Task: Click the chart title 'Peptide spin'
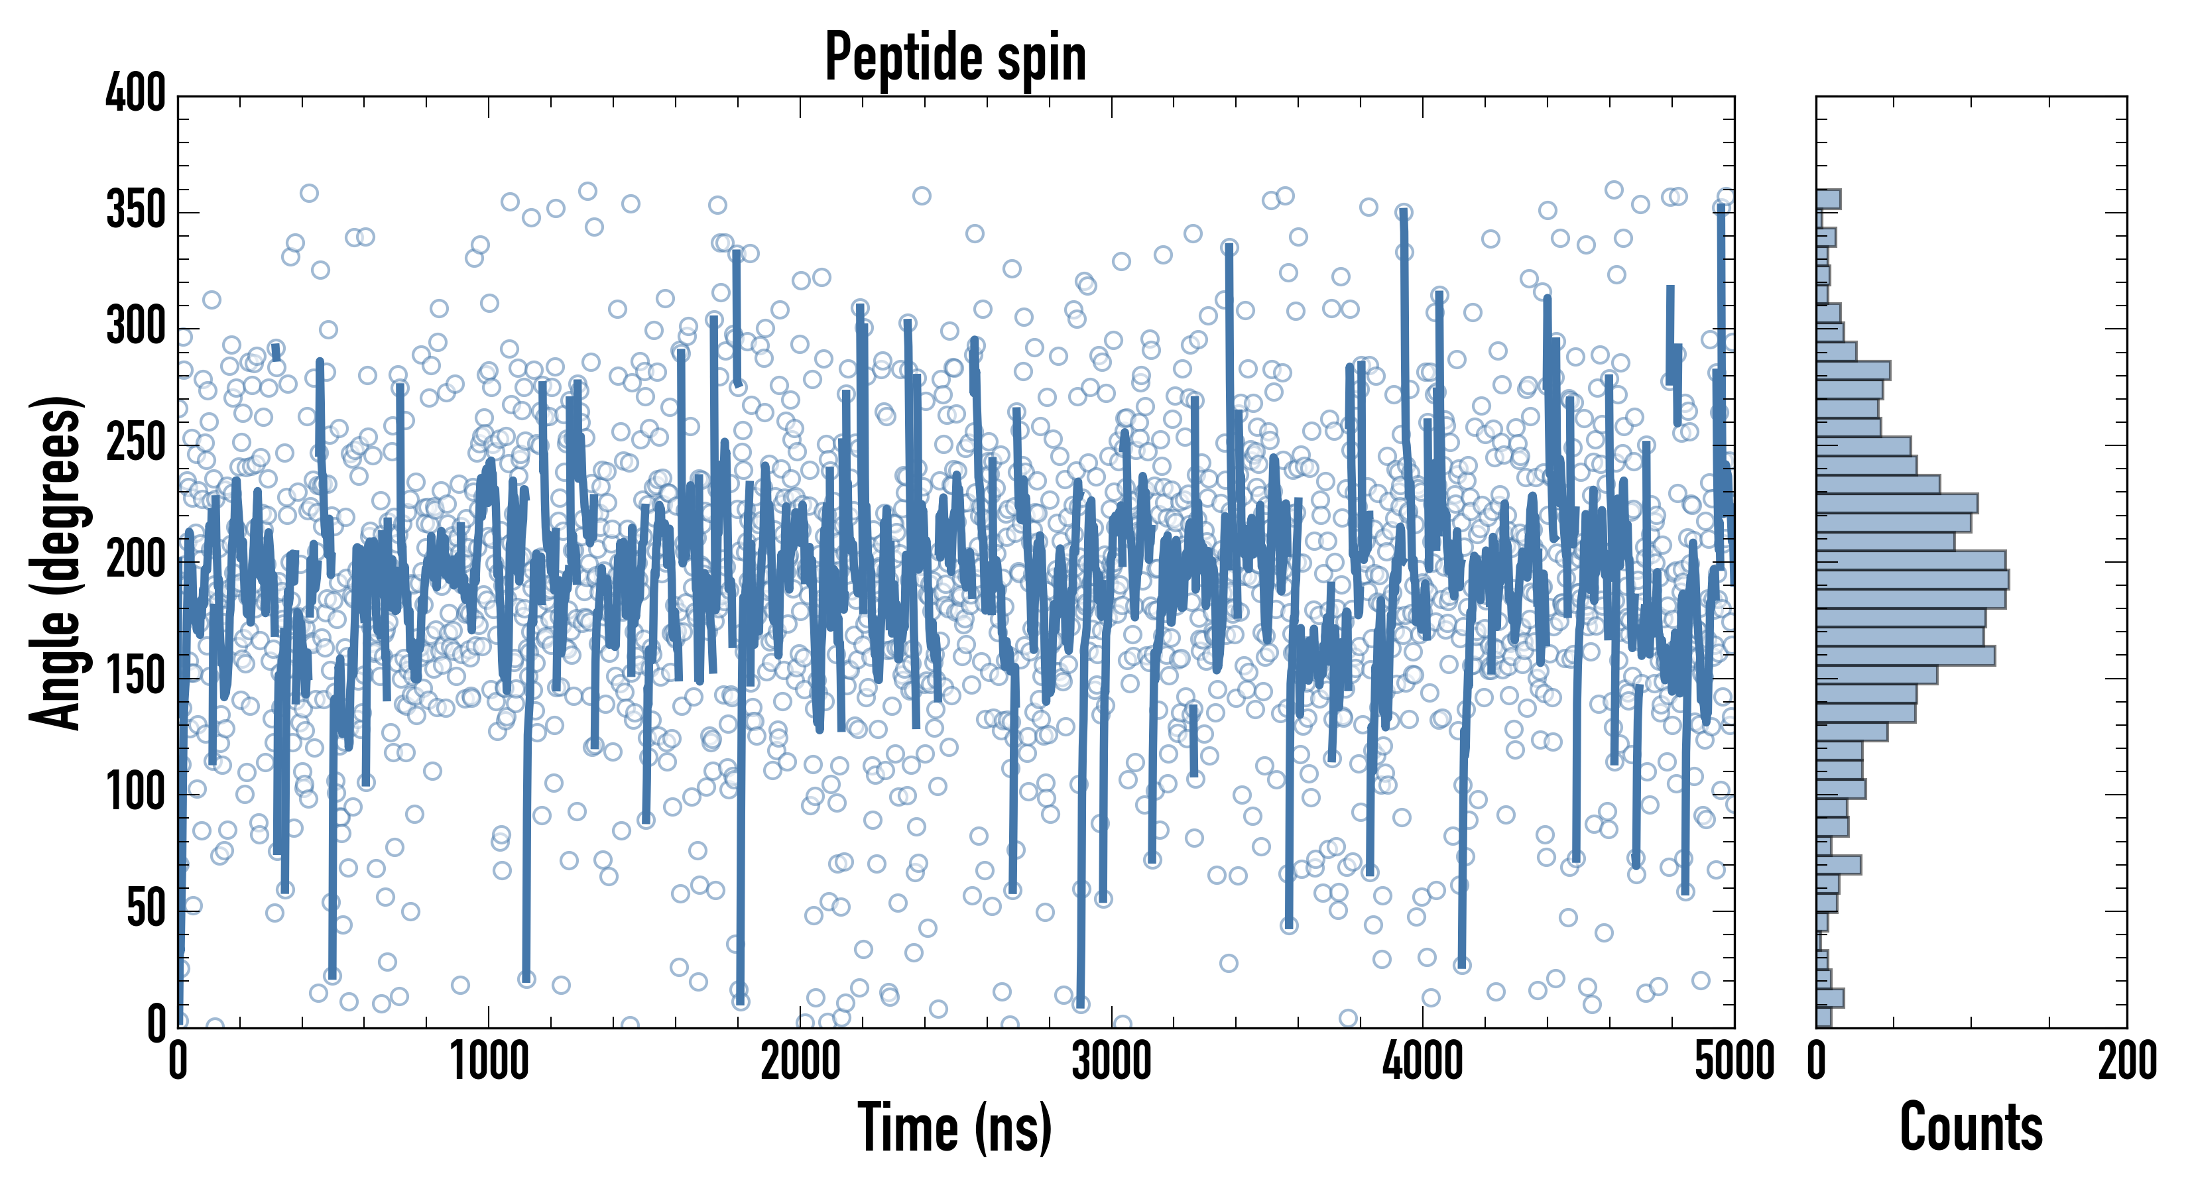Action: click(955, 58)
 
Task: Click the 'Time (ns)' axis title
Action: click(955, 1127)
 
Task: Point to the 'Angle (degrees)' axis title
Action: click(56, 562)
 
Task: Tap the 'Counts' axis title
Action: click(1971, 1127)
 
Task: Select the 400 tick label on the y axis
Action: click(136, 93)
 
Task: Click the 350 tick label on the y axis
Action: click(136, 211)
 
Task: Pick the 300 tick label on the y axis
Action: click(136, 327)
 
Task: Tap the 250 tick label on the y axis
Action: click(136, 443)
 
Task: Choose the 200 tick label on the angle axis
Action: click(136, 559)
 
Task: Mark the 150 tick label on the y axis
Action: click(136, 677)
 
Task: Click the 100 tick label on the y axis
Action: click(136, 793)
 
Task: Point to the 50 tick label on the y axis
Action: click(146, 909)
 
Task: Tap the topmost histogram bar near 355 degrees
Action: click(1829, 199)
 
